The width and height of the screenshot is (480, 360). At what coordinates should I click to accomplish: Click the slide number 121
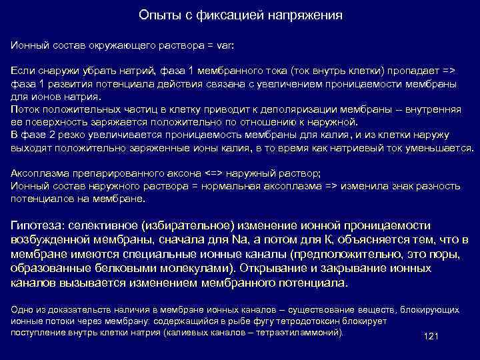[431, 336]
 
